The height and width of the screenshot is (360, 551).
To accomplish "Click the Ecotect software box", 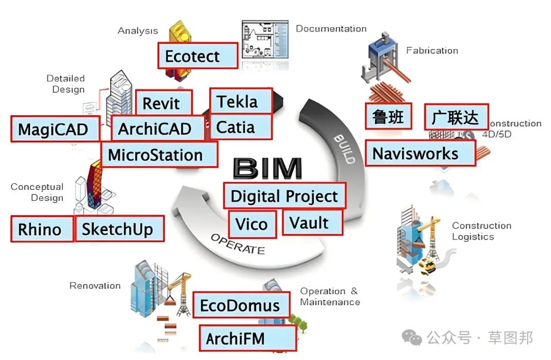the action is coord(198,56).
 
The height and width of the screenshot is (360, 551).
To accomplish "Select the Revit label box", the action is coord(164,103).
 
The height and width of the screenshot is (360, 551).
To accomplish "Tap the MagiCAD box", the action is coord(55,129).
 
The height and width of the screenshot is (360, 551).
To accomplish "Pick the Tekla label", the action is coord(241,101).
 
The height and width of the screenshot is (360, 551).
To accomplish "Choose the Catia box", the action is coord(241,126).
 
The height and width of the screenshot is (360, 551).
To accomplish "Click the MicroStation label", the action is coord(160,155).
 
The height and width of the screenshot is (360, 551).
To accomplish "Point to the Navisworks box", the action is coord(420,153).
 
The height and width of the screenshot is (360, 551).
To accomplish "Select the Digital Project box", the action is coord(285,196).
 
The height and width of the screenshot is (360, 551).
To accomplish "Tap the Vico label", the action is coord(253,224).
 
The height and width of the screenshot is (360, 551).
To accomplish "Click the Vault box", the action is coord(312,223).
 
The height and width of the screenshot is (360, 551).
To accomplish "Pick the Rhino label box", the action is coord(42,229).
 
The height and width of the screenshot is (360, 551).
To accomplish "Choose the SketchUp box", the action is coord(119,228).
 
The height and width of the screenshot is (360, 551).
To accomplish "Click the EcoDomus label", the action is coord(241,305).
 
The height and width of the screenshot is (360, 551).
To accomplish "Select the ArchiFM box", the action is coord(248,338).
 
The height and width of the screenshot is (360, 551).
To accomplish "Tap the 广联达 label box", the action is coord(457,117).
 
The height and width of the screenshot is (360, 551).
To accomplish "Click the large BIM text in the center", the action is coord(268,168).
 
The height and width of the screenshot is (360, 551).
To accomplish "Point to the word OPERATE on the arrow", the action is coord(238,244).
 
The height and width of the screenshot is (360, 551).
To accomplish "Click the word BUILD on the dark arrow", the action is coord(344,149).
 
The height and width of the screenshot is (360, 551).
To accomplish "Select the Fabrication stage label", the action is coord(432,50).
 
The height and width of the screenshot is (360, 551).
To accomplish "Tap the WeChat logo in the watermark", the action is coord(412,338).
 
